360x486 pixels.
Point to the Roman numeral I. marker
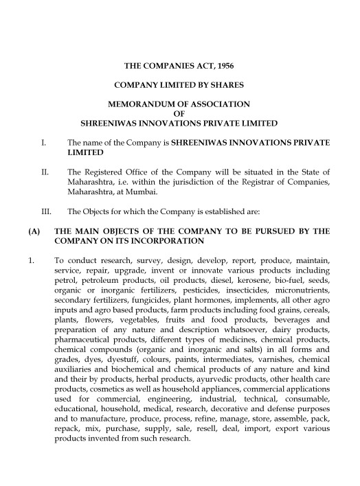43,142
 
